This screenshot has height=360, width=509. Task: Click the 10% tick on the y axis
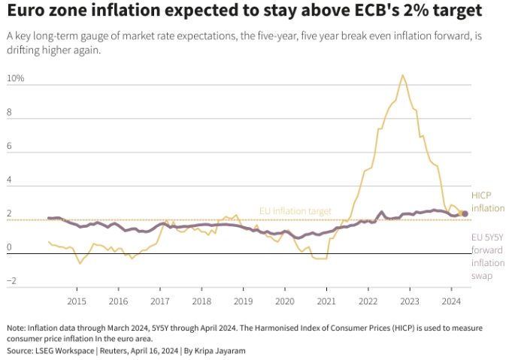click(x=15, y=79)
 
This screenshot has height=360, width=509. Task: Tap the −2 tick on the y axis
click(x=11, y=281)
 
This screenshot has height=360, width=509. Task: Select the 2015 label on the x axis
click(x=77, y=301)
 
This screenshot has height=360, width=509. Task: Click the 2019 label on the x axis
click(x=243, y=301)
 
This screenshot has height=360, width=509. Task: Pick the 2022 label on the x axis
click(x=368, y=301)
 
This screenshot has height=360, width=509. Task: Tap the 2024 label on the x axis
click(x=450, y=301)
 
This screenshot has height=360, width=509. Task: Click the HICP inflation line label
click(x=487, y=201)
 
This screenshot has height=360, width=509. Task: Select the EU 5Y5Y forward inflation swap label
click(x=487, y=256)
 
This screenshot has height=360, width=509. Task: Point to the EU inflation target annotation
click(x=295, y=211)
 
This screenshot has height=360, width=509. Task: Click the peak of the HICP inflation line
click(x=403, y=75)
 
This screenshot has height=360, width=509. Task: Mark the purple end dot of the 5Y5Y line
click(x=465, y=214)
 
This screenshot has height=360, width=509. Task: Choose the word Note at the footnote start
click(x=15, y=328)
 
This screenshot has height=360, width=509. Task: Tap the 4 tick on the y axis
click(x=11, y=181)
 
